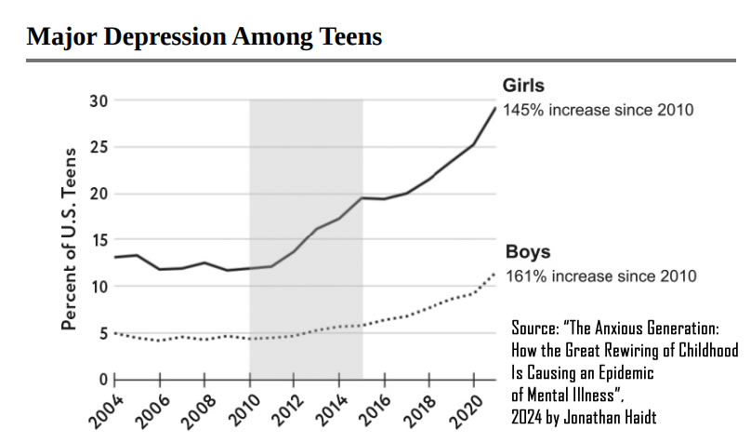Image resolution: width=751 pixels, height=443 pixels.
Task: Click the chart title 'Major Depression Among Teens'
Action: click(x=204, y=37)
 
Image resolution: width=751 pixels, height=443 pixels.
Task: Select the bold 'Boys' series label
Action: click(x=527, y=252)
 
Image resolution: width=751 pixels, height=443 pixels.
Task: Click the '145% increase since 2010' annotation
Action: click(x=598, y=111)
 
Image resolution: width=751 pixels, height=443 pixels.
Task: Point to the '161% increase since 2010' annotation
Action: click(x=599, y=276)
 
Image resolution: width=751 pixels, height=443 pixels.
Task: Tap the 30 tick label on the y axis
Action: click(x=98, y=101)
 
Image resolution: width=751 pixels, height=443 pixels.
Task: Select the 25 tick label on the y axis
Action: click(x=98, y=148)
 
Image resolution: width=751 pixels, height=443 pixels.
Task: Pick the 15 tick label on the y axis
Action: click(x=98, y=241)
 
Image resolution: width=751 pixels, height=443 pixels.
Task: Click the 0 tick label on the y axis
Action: click(x=102, y=380)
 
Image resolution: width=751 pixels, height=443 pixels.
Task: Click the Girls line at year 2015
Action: click(x=362, y=197)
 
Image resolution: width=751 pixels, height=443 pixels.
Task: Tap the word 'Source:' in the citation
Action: click(x=536, y=329)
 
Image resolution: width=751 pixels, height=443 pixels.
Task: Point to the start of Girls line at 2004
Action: click(x=114, y=257)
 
